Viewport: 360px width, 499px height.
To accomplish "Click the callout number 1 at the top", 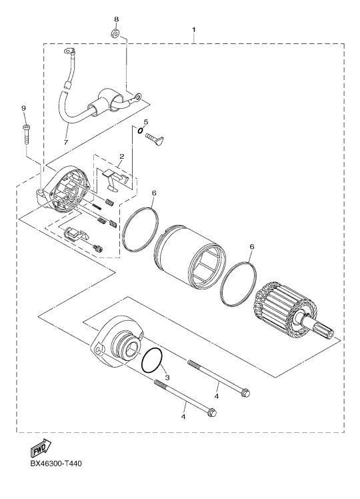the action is click(194, 29).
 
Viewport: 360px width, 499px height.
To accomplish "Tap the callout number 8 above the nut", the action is click(117, 19).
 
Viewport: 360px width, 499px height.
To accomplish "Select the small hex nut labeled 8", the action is click(116, 33).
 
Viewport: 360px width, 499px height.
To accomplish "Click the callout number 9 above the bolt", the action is click(23, 108).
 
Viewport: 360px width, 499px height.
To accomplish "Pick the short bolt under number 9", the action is click(26, 135).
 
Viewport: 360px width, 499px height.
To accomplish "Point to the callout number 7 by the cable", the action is click(66, 142).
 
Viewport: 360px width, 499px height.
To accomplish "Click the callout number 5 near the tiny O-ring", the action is click(146, 121).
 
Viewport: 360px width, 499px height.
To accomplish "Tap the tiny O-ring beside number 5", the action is click(140, 129).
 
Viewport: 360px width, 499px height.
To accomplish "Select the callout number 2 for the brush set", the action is click(121, 156).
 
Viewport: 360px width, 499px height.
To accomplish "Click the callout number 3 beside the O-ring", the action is click(167, 378).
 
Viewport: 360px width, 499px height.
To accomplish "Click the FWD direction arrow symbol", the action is click(41, 447).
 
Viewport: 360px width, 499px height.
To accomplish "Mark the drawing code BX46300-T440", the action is click(56, 464).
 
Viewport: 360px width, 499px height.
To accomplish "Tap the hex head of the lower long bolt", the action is click(211, 412).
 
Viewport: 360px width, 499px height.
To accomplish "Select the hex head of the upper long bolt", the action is click(245, 393).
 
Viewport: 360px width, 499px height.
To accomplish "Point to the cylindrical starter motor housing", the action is click(189, 257).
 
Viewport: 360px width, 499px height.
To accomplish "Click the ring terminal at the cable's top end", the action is click(69, 51).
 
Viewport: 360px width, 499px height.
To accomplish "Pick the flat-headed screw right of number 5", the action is click(155, 138).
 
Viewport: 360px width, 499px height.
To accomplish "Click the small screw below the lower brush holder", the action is click(98, 249).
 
